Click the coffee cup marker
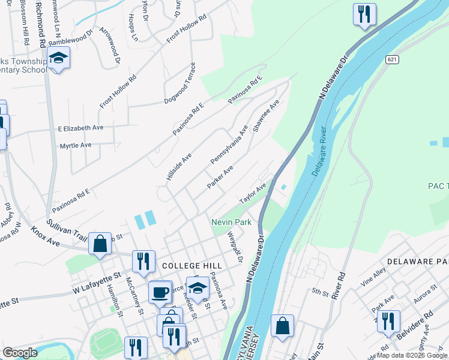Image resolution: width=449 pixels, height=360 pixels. pyautogui.click(x=160, y=292)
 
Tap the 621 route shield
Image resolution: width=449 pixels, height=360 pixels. pyautogui.click(x=392, y=59)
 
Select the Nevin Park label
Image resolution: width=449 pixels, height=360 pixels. pyautogui.click(x=231, y=222)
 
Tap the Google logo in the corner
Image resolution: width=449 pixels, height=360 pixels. pyautogui.click(x=20, y=352)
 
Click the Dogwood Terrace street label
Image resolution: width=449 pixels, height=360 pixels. pyautogui.click(x=180, y=83)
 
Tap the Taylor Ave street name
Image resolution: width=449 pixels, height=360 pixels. pyautogui.click(x=253, y=193)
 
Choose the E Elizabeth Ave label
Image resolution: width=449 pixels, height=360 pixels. pyautogui.click(x=80, y=128)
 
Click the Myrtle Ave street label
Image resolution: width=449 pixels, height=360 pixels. pyautogui.click(x=76, y=145)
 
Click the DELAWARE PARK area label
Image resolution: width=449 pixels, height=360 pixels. pyautogui.click(x=418, y=262)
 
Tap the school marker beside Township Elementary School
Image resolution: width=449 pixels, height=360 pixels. pyautogui.click(x=58, y=58)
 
